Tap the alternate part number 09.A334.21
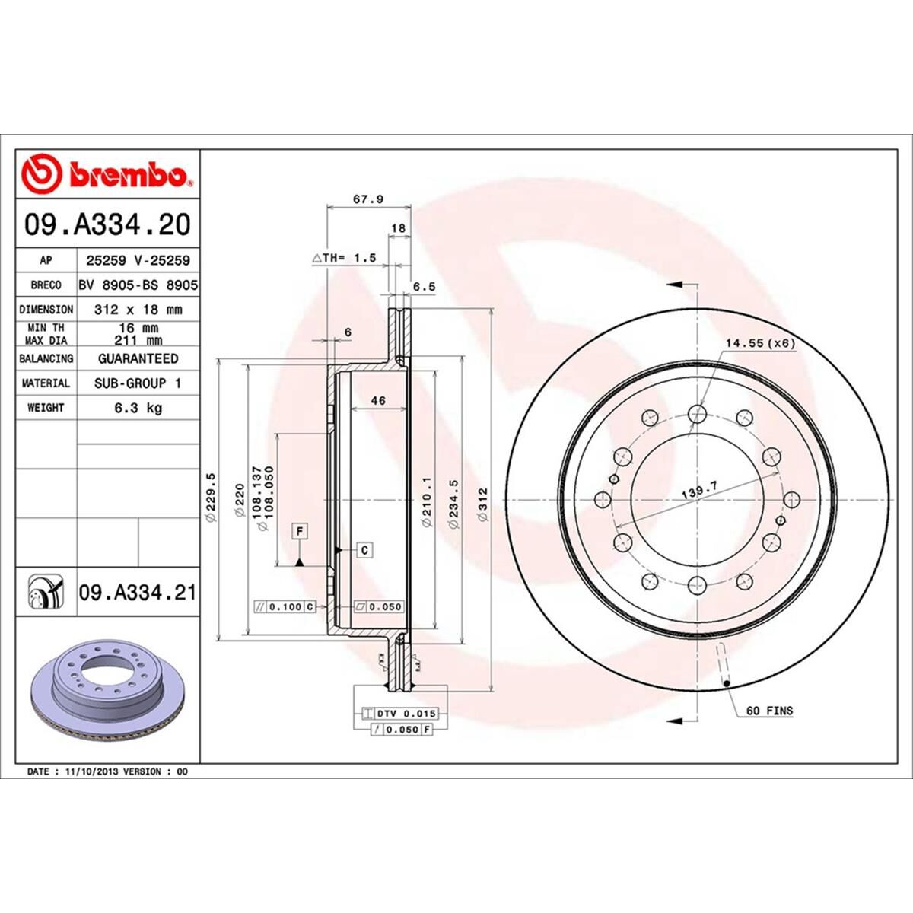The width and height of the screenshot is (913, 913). [137, 592]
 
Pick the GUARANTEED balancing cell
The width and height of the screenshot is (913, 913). [138, 358]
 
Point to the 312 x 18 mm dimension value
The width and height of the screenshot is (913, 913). [138, 310]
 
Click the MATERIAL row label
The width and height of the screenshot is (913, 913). [46, 383]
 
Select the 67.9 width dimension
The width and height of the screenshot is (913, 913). [369, 199]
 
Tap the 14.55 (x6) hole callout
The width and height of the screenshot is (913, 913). [759, 343]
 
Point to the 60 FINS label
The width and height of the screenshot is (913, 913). [768, 711]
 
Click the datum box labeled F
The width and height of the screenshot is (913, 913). [301, 530]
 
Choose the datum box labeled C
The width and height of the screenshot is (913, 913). [365, 549]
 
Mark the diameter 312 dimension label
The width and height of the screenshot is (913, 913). [482, 502]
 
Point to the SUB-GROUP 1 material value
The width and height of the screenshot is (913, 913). [138, 383]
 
